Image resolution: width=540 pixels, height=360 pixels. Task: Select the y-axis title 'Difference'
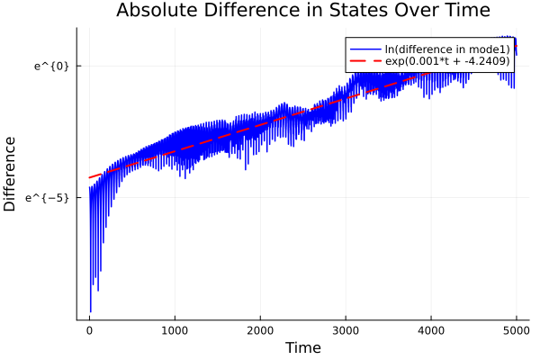click(x=11, y=174)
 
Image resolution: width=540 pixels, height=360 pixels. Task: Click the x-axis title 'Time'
click(x=302, y=347)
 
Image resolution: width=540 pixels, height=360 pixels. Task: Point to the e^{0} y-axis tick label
click(x=51, y=66)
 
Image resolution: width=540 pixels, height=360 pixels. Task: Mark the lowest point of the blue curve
click(x=90, y=311)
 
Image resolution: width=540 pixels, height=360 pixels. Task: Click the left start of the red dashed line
click(x=89, y=177)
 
